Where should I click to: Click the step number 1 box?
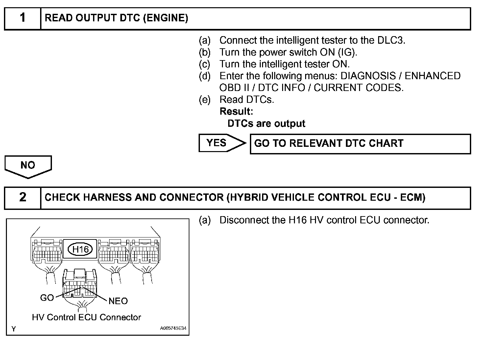[23, 18]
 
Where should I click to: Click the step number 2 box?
[23, 198]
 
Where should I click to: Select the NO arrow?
[28, 166]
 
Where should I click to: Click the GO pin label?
[47, 298]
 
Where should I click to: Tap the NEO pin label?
[118, 301]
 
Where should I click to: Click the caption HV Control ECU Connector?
[86, 317]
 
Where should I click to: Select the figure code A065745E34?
[173, 328]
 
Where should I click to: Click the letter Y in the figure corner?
[13, 329]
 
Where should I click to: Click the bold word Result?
[236, 112]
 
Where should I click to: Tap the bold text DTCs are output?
[266, 124]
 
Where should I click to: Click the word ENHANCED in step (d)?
[432, 76]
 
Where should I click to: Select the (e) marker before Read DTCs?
[204, 100]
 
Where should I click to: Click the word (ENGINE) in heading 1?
[166, 18]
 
